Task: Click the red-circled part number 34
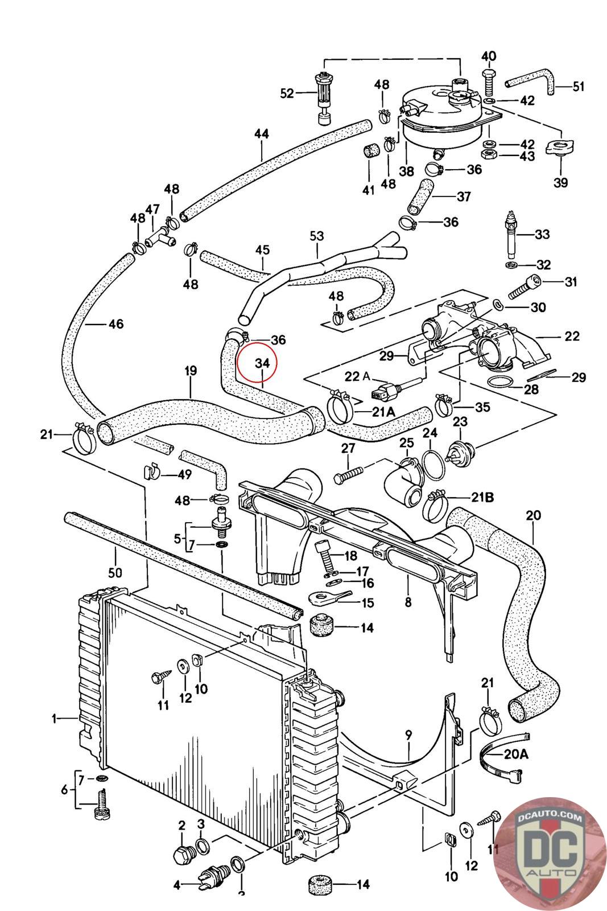click(x=262, y=363)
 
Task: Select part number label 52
click(x=287, y=93)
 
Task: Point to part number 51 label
click(x=578, y=87)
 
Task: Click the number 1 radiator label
click(x=55, y=719)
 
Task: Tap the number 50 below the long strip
click(x=115, y=572)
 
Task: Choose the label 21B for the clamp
click(x=481, y=497)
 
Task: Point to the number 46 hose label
click(x=115, y=324)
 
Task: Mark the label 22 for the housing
click(x=572, y=336)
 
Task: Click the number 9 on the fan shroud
click(x=408, y=735)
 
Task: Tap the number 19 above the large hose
click(x=191, y=371)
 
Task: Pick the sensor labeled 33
click(x=511, y=233)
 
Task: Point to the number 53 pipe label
click(x=316, y=236)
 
